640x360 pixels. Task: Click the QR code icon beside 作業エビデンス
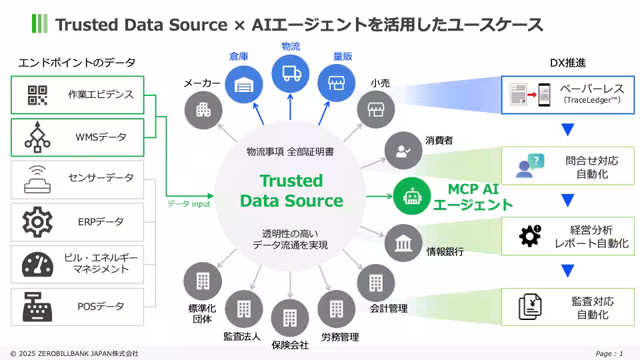coord(37,95)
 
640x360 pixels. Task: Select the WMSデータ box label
coord(101,137)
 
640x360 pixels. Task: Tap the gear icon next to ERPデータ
coord(37,221)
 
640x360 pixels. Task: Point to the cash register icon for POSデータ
coord(37,307)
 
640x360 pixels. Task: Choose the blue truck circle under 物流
coord(290,73)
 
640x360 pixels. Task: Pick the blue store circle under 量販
coord(334,83)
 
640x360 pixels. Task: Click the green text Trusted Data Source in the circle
coord(291,191)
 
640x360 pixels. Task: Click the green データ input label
coord(189,204)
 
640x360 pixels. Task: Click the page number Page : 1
coord(609,353)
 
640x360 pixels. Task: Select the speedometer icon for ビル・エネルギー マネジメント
coord(37,264)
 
